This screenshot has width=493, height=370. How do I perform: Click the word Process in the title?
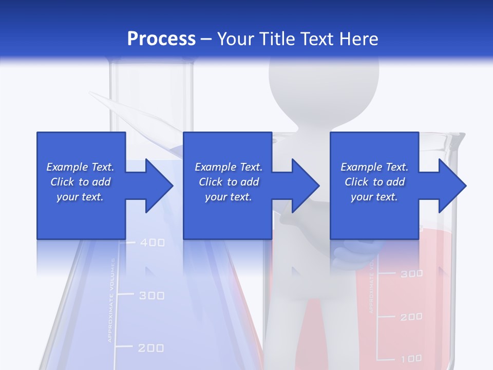161,39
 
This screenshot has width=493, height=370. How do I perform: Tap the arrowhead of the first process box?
159,186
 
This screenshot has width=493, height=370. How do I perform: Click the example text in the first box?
80,182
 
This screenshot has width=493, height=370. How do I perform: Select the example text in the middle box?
228,182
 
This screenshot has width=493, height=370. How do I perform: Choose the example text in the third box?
374,182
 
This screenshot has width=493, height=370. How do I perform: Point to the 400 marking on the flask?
152,243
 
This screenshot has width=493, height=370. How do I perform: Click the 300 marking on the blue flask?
152,295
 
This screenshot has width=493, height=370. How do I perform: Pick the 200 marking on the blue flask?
151,348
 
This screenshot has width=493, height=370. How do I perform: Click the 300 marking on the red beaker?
411,274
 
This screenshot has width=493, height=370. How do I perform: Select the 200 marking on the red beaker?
411,317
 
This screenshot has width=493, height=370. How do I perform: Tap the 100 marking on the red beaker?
411,358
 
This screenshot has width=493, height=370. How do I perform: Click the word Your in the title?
235,39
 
